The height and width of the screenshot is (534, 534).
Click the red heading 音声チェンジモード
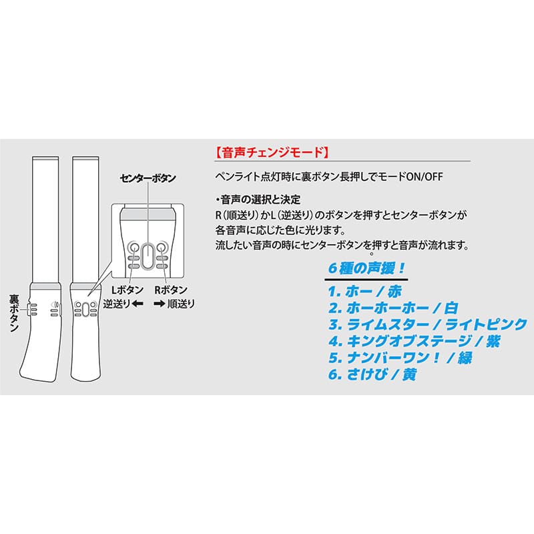(270, 152)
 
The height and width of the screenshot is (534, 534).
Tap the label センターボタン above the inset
(148, 178)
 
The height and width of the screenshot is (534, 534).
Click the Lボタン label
(123, 290)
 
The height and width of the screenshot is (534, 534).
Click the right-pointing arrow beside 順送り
(160, 304)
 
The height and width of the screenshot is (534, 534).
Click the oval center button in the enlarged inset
(148, 253)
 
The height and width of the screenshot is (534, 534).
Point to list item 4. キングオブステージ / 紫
(414, 342)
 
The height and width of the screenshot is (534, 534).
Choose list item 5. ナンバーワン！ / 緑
(400, 358)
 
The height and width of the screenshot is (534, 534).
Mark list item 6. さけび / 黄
(372, 375)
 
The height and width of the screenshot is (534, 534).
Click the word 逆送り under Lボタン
(116, 304)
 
